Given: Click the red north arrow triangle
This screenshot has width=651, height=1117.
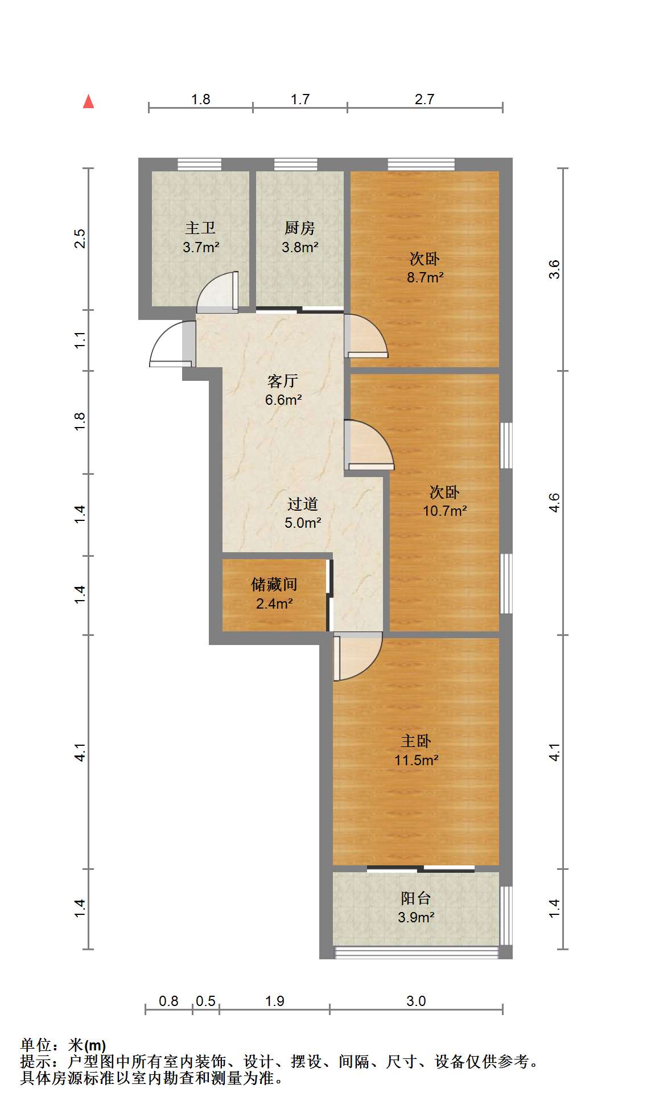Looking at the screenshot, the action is pyautogui.click(x=88, y=101).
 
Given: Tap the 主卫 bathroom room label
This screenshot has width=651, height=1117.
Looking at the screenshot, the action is pyautogui.click(x=200, y=228).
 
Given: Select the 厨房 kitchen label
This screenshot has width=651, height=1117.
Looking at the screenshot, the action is pyautogui.click(x=300, y=228).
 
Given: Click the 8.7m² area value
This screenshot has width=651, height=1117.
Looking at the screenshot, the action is pyautogui.click(x=425, y=278).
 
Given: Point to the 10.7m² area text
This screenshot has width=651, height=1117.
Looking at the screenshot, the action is pyautogui.click(x=444, y=511).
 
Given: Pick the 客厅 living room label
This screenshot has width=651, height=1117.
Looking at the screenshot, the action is pyautogui.click(x=283, y=381).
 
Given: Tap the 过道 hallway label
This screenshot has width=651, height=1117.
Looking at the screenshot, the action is pyautogui.click(x=303, y=504).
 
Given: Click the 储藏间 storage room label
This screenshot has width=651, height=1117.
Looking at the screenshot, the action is pyautogui.click(x=274, y=585).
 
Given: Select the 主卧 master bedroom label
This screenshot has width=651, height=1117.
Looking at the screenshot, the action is pyautogui.click(x=416, y=741).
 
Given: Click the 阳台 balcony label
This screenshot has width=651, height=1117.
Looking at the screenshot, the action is pyautogui.click(x=416, y=898).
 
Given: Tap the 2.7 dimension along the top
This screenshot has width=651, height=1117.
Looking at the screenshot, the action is pyautogui.click(x=425, y=99).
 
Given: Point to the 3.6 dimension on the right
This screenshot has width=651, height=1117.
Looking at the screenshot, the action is pyautogui.click(x=554, y=269).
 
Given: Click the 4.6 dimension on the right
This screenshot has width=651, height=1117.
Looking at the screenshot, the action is pyautogui.click(x=554, y=503).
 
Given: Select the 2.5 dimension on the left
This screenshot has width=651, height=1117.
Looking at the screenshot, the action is pyautogui.click(x=80, y=238).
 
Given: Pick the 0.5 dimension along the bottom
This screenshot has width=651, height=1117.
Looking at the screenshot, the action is pyautogui.click(x=205, y=1001).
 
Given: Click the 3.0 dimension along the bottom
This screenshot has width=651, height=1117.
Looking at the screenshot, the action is pyautogui.click(x=416, y=1001).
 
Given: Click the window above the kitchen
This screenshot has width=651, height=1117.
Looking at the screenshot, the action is pyautogui.click(x=296, y=165).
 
